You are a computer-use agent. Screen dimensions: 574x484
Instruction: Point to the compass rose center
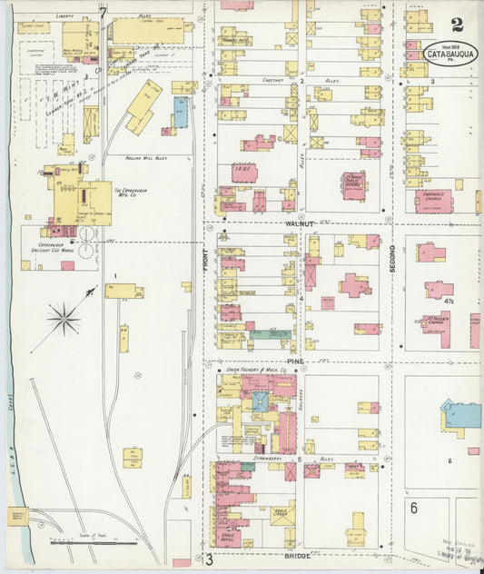tap(64, 318)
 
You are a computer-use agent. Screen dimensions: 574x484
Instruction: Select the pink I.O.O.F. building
tap(243, 173)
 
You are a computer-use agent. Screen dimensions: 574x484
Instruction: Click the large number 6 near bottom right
tap(413, 508)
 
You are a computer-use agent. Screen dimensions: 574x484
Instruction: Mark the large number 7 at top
tap(104, 13)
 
